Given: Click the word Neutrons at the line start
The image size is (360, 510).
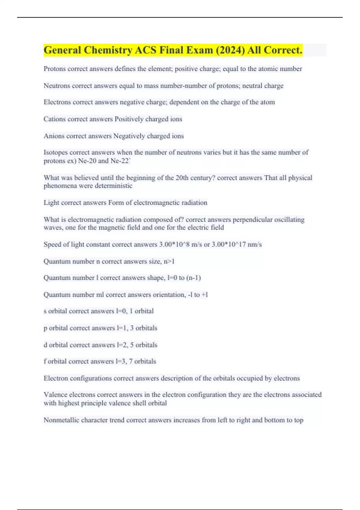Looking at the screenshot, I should coord(56,86).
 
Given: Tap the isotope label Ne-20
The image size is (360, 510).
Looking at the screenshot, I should coord(87,161).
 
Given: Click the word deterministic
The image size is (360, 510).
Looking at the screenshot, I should coord(113,186).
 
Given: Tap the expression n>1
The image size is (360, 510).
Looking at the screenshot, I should coord(169,262).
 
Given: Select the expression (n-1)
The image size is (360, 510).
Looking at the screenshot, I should coord(193,278).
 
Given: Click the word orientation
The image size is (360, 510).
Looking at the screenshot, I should coord(169,295).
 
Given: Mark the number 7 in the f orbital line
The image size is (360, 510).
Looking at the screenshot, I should coord(131,361).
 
